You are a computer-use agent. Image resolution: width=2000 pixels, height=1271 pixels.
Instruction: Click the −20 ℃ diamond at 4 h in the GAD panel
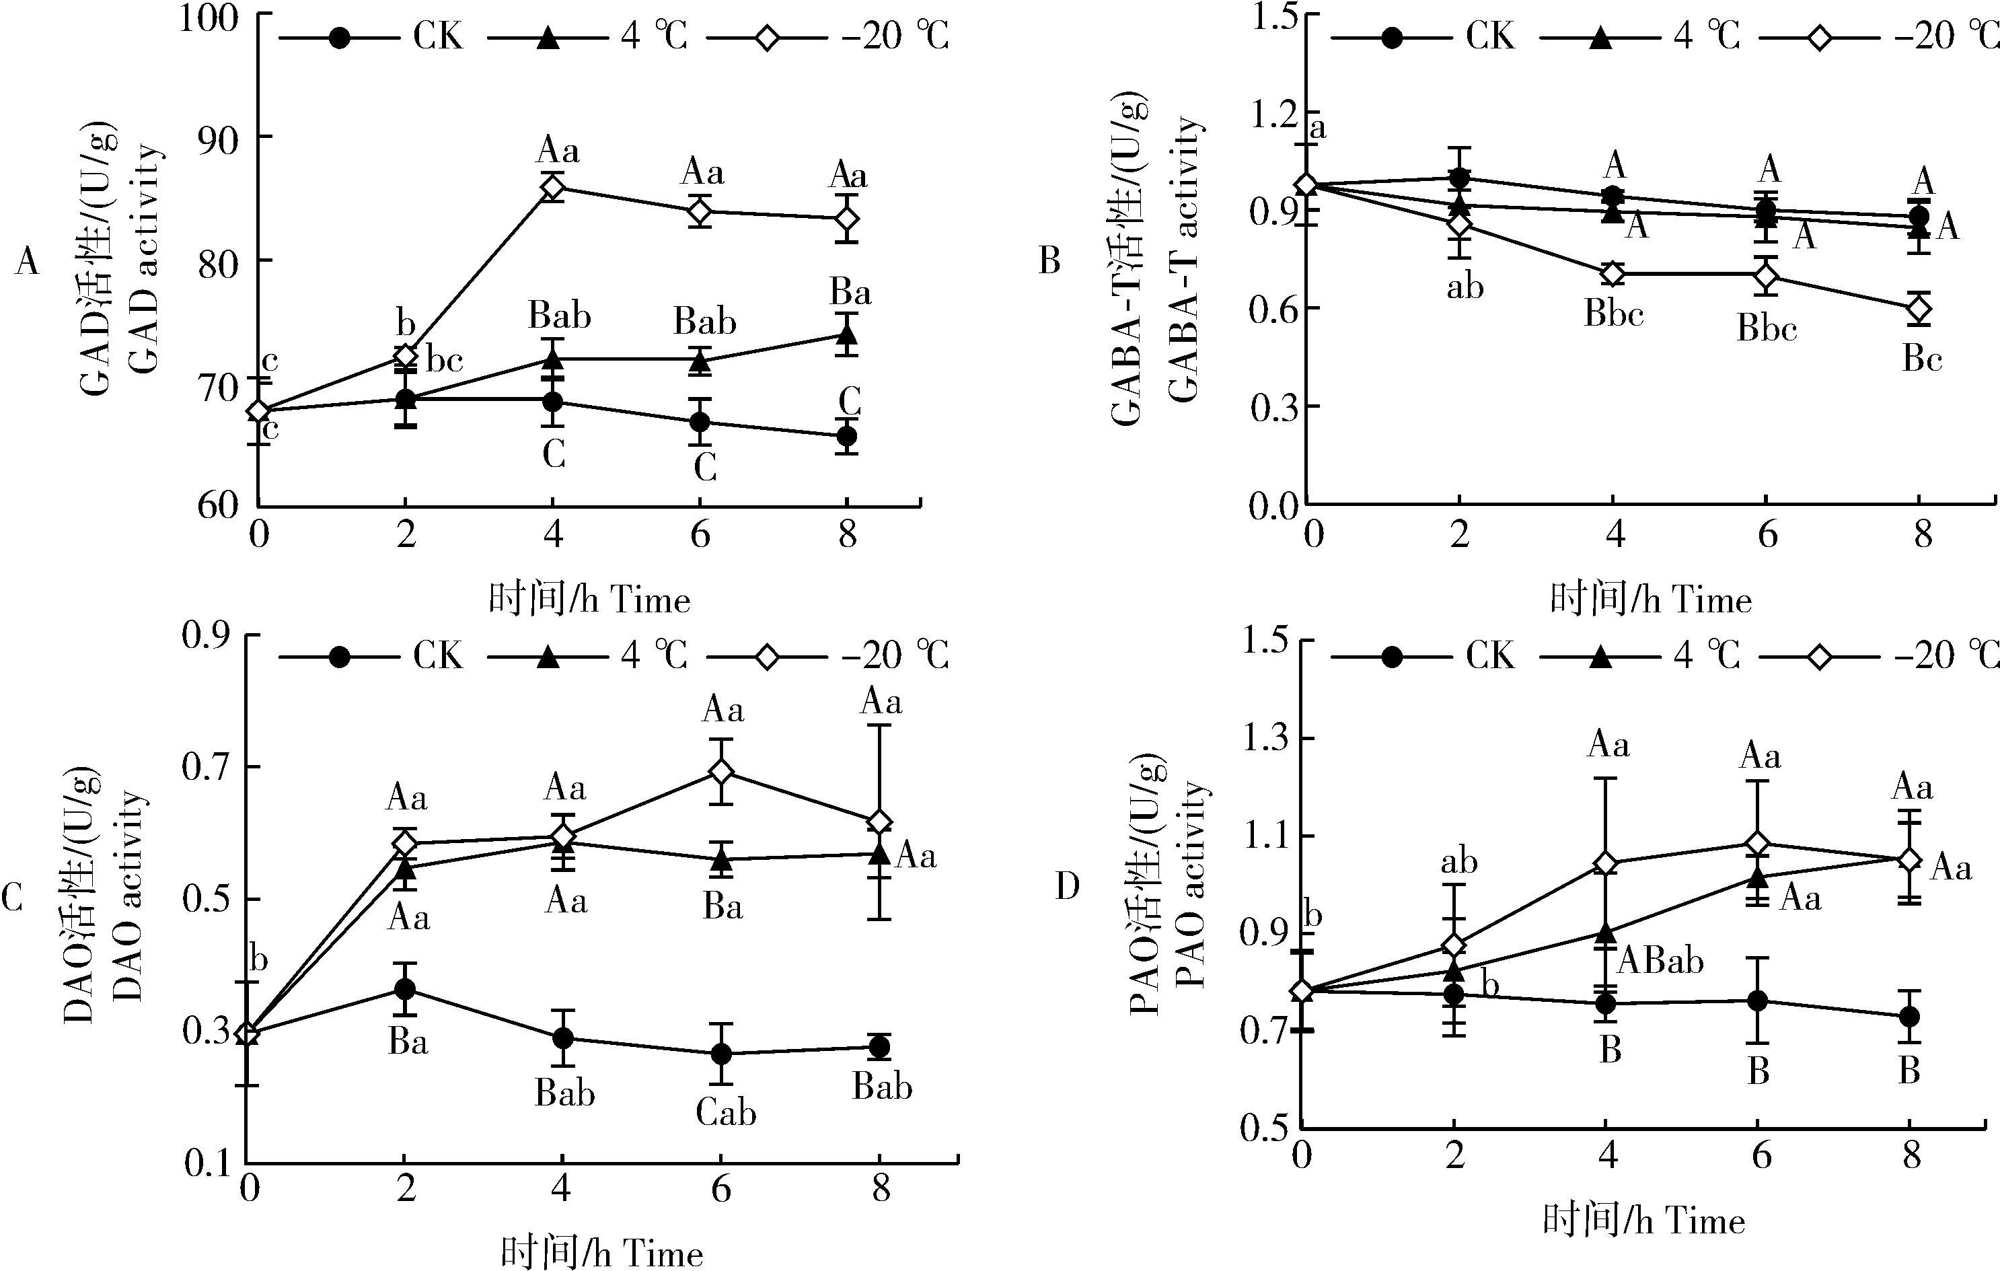coord(552,188)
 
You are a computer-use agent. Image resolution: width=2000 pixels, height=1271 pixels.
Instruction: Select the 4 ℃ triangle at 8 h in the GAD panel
coord(846,335)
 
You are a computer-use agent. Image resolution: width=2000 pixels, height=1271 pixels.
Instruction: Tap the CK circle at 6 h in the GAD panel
coord(700,421)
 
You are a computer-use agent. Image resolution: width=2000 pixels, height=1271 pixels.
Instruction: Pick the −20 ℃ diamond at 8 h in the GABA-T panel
coord(1919,308)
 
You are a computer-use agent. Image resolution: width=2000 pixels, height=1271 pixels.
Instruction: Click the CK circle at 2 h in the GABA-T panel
coord(1459,177)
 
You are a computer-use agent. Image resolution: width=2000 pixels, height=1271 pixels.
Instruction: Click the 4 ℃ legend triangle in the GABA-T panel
coord(1599,38)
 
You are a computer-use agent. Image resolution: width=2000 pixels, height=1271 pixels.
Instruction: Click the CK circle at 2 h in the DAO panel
coord(404,989)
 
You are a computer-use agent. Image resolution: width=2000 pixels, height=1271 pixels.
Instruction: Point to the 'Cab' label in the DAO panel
coord(726,1112)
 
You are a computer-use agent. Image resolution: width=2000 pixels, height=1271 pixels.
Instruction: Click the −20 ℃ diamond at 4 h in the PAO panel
coord(1606,864)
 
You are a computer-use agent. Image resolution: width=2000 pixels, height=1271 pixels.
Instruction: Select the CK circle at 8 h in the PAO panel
coord(1909,1016)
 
